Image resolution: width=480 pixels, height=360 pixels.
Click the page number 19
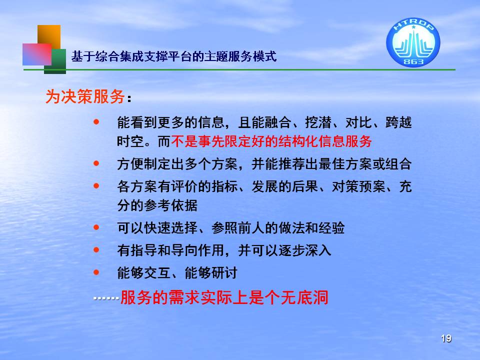click(446, 338)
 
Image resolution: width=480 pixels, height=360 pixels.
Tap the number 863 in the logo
click(413, 61)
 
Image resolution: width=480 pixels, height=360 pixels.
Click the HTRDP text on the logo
click(413, 25)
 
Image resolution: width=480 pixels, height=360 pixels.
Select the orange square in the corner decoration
click(49, 37)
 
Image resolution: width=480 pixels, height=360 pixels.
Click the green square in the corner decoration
click(55, 61)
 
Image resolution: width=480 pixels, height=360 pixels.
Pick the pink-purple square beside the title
click(37, 54)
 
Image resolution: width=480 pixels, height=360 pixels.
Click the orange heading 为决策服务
click(85, 96)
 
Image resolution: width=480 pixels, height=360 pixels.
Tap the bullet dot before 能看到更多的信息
click(96, 122)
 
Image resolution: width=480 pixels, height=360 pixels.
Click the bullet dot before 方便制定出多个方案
click(96, 163)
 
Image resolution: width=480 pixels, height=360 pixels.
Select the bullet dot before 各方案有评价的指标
click(96, 186)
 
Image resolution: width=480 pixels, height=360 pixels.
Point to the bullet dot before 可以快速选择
click(96, 227)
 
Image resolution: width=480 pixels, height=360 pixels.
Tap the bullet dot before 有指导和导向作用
click(96, 250)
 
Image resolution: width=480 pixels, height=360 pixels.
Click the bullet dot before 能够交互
click(96, 272)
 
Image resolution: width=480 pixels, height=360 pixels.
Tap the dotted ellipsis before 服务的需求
click(106, 298)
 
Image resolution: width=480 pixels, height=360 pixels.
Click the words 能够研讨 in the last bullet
click(211, 273)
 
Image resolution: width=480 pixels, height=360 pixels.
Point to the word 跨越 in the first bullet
click(398, 122)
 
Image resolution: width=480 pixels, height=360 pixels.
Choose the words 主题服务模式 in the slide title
click(240, 56)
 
